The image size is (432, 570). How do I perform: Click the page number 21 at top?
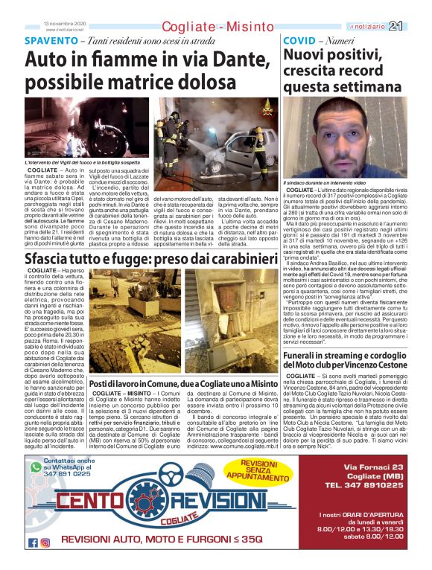pyautogui.click(x=415, y=26)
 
